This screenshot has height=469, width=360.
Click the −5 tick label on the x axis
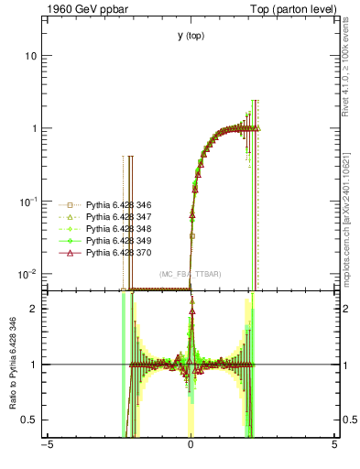coord(47,448)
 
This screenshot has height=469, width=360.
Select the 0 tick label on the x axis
coord(191,448)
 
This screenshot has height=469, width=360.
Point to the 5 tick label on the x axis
coord(334,448)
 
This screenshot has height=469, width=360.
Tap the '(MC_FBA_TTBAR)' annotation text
coord(191,274)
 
